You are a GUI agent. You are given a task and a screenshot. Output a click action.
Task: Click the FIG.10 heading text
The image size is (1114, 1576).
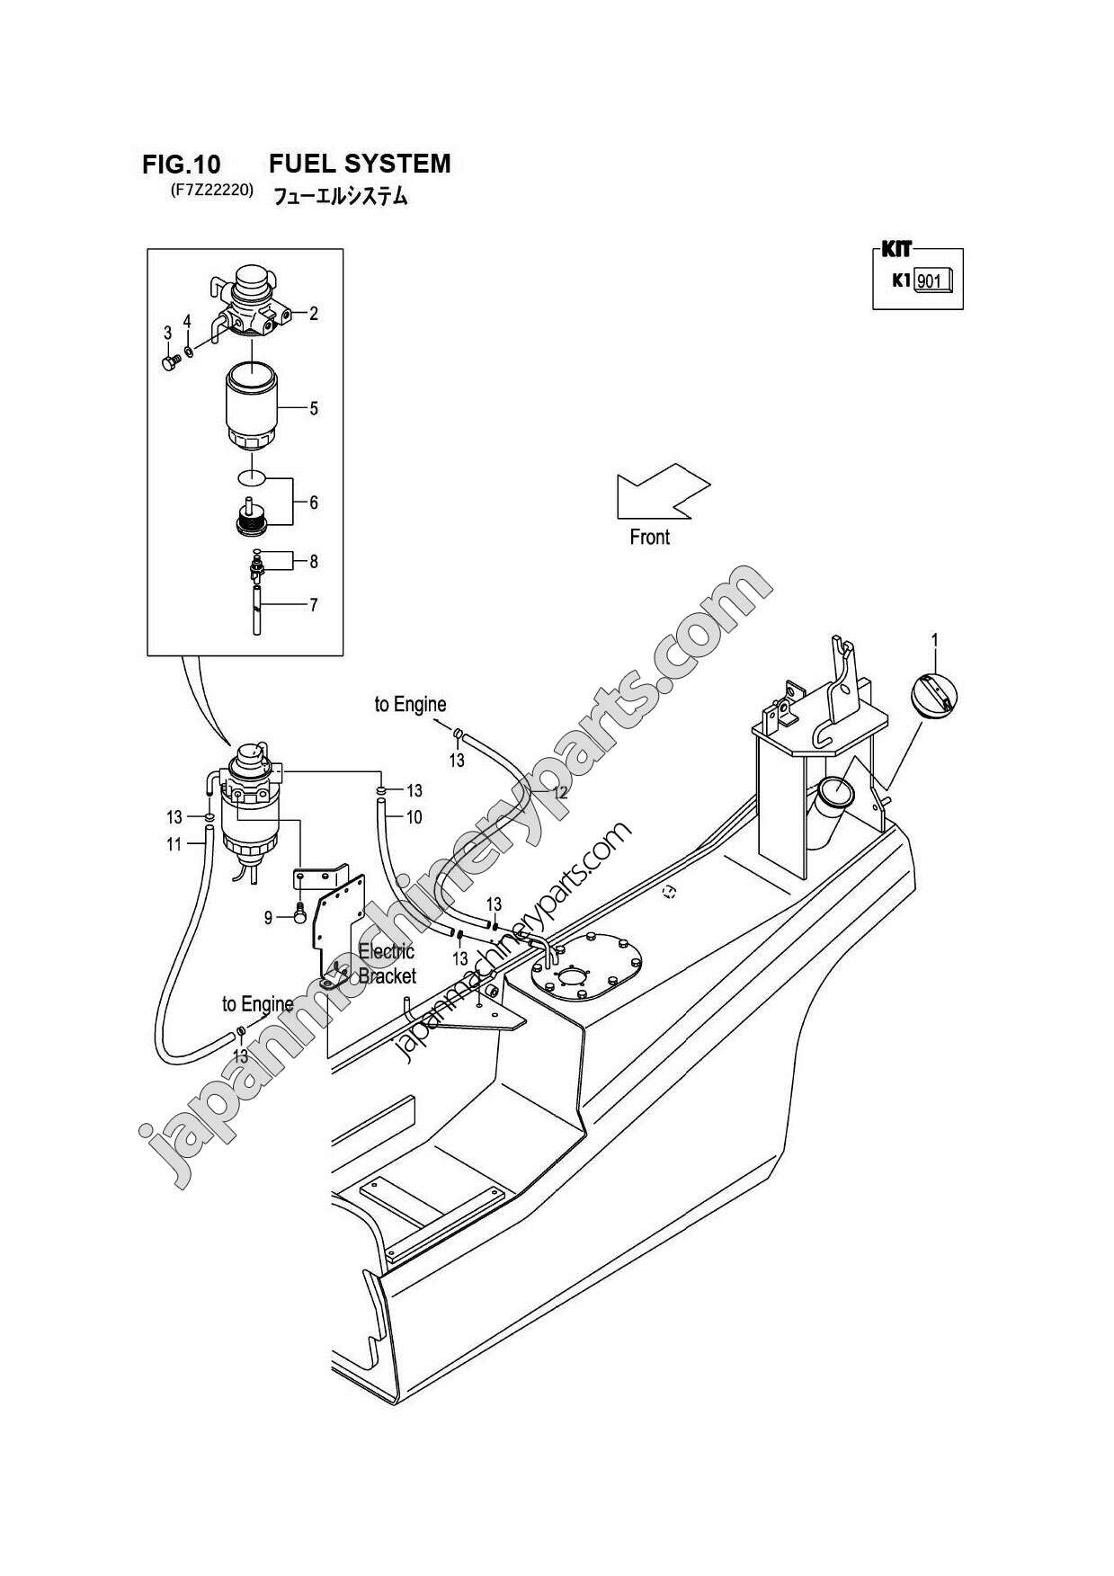[181, 165]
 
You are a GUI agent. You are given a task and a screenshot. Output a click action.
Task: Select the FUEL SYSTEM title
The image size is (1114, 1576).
[360, 164]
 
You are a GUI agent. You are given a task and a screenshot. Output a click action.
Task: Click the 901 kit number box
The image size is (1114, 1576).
[931, 282]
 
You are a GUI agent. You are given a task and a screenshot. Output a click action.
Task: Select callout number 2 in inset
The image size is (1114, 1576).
[314, 314]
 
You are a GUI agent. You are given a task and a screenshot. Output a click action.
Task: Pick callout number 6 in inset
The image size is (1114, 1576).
[314, 503]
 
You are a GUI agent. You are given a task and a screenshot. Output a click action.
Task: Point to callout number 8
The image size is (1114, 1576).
[314, 562]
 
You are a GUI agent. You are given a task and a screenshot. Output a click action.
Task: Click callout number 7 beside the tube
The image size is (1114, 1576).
[314, 605]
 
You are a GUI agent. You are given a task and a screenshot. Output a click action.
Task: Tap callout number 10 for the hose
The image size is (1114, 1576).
[414, 817]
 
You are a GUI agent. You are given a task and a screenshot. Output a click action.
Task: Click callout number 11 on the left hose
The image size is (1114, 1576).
[174, 844]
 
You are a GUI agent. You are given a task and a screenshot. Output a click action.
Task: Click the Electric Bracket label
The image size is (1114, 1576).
[387, 964]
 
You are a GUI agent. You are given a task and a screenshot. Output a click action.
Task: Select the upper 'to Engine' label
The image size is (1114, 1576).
[410, 705]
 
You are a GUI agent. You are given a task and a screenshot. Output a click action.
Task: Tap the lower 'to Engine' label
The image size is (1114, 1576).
[257, 1003]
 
